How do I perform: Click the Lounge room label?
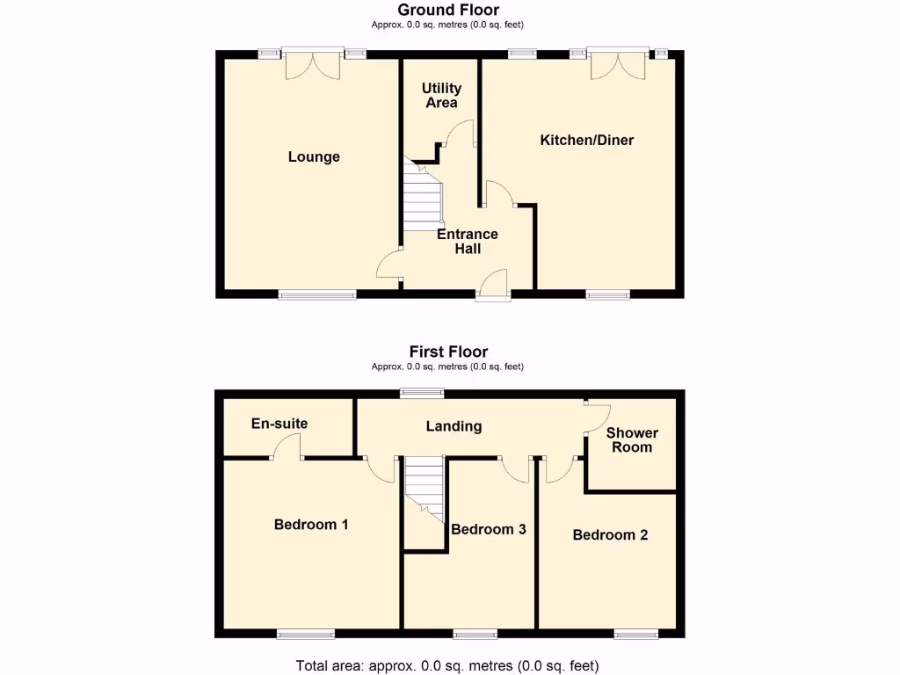(314, 157)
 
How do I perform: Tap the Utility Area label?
(441, 96)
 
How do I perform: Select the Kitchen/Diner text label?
(586, 141)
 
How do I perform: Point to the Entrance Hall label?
(468, 242)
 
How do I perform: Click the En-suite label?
(279, 424)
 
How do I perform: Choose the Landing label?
(454, 426)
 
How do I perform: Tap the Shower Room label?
(632, 440)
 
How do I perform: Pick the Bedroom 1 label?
(311, 525)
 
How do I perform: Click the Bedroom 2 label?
(610, 535)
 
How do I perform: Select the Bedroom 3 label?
(489, 529)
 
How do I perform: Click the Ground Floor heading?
(448, 11)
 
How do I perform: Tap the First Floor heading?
(448, 352)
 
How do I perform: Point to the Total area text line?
(447, 665)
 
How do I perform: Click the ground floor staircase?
(421, 195)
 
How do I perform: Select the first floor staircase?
(423, 492)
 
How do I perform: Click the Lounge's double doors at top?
(313, 62)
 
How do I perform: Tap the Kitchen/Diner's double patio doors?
(618, 62)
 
